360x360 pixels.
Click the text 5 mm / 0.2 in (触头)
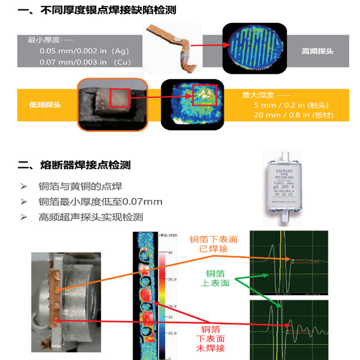tap(284, 104)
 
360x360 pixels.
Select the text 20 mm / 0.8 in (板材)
tap(293, 115)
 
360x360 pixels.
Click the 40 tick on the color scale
tap(171, 253)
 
